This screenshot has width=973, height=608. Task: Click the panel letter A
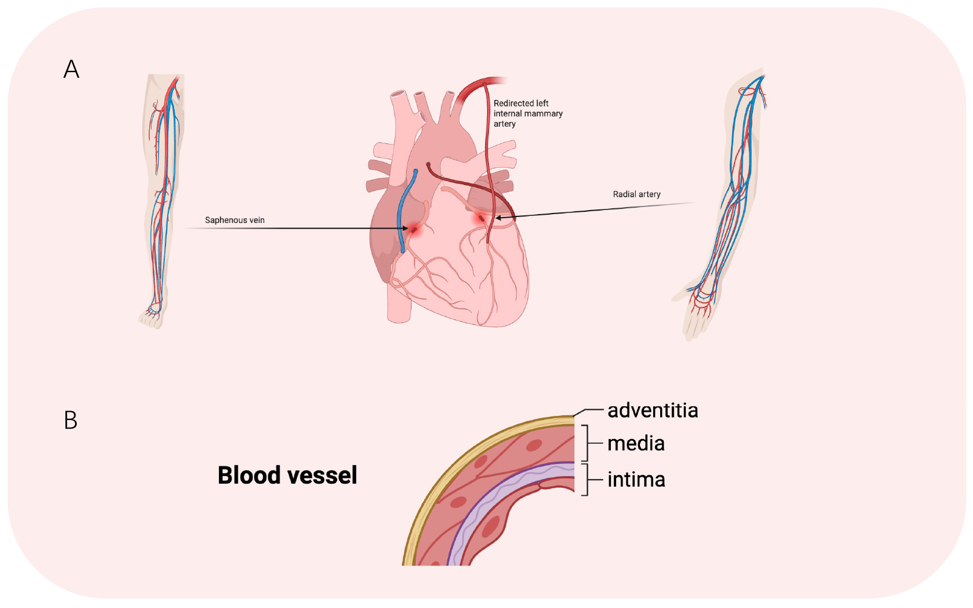[72, 70]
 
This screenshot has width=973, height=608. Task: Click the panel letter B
[70, 420]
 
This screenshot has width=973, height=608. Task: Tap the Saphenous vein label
[234, 220]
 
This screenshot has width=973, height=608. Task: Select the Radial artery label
[636, 195]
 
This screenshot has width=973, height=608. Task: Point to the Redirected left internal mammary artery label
[528, 114]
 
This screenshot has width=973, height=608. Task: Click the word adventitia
[652, 410]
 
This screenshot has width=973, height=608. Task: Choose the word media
[636, 444]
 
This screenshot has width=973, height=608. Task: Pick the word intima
[636, 479]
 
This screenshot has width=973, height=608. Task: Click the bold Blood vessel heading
[287, 475]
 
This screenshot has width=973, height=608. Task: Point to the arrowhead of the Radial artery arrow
[498, 218]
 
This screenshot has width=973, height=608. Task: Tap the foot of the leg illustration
[152, 316]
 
